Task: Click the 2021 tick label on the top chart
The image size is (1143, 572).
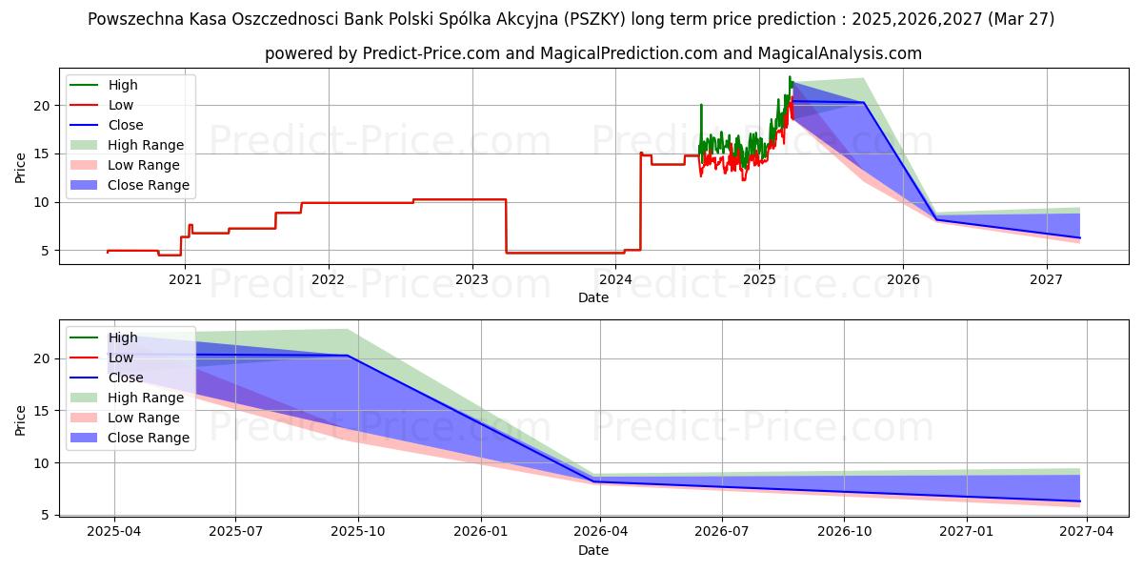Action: [185, 279]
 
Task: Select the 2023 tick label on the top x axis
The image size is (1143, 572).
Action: [472, 279]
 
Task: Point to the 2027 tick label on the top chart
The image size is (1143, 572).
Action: [1047, 279]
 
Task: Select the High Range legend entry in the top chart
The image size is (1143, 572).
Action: [146, 145]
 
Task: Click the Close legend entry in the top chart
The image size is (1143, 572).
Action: [126, 125]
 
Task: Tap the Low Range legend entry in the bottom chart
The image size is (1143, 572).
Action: [144, 418]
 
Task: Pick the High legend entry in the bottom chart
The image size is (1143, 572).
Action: [123, 337]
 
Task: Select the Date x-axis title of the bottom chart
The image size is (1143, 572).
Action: [593, 550]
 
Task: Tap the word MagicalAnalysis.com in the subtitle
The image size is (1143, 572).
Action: [839, 53]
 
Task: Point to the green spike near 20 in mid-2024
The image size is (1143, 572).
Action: [701, 106]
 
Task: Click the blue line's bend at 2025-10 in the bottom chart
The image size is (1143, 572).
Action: [348, 356]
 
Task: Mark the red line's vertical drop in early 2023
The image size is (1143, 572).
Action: [506, 226]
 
